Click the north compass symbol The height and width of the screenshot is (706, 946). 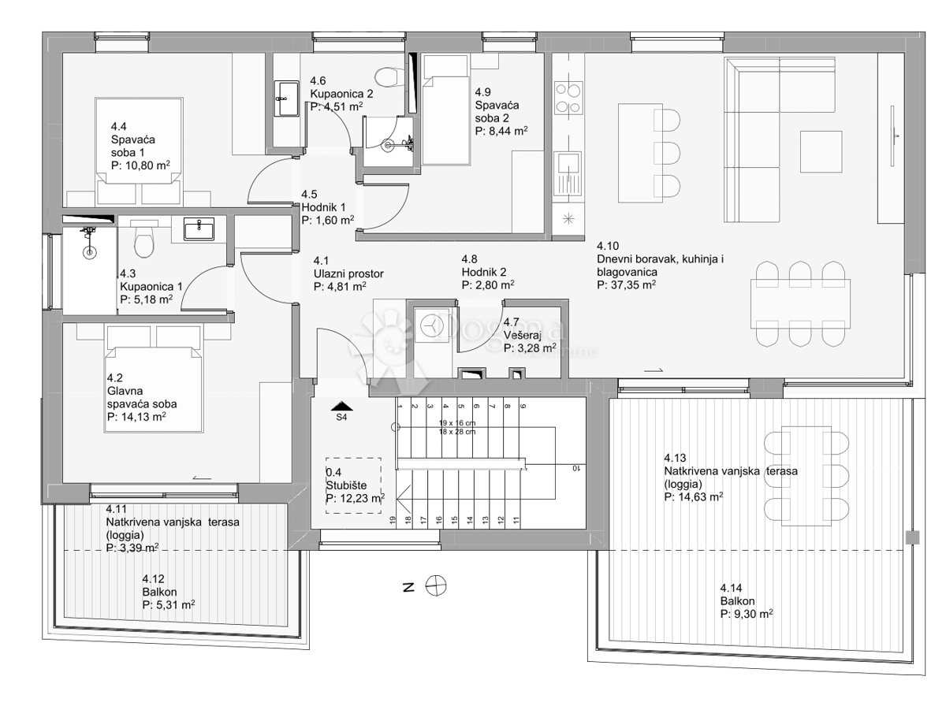[x=434, y=585]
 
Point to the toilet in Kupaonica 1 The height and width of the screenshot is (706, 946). [x=144, y=240]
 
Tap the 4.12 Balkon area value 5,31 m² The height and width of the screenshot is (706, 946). [x=169, y=605]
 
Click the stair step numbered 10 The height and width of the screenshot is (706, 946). [x=576, y=467]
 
